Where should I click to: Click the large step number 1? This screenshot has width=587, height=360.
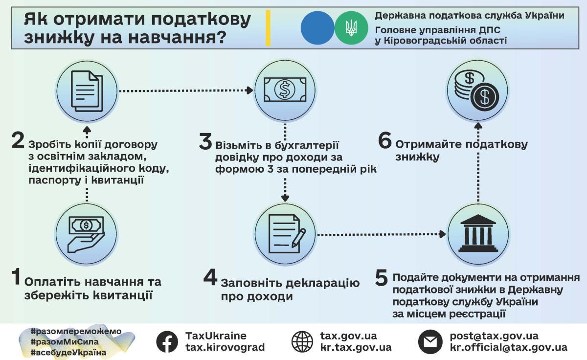[16, 277]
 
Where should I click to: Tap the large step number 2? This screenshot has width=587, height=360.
[18, 141]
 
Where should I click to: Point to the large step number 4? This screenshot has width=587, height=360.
[210, 278]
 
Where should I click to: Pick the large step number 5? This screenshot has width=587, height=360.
[382, 278]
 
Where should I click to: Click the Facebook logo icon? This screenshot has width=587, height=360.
[167, 342]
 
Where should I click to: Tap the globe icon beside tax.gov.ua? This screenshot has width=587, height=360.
[302, 342]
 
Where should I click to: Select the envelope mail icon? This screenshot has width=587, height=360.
[430, 342]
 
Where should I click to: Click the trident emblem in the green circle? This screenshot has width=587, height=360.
[351, 28]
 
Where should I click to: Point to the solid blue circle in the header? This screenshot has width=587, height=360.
[317, 28]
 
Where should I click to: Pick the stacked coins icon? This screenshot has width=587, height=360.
[477, 90]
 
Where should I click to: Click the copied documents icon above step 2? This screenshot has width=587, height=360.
[87, 90]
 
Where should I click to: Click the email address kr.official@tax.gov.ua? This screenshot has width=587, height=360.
[509, 348]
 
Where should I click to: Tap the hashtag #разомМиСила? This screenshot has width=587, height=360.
[64, 342]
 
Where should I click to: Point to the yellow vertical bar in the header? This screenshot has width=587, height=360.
[268, 28]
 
